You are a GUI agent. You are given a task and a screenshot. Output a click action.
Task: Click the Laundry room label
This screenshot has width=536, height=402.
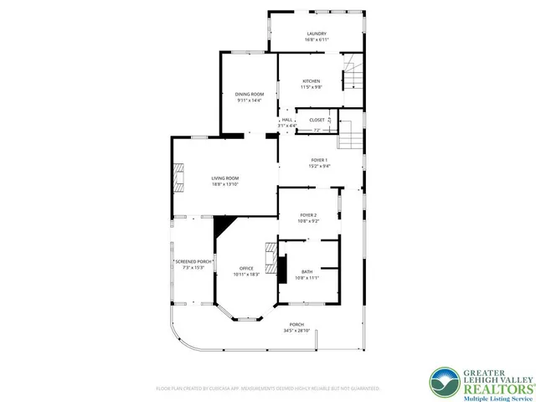(x=316, y=33)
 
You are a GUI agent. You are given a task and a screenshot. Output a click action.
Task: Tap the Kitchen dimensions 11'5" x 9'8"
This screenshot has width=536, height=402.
(x=311, y=87)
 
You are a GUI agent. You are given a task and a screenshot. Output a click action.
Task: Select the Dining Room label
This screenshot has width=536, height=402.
(x=249, y=94)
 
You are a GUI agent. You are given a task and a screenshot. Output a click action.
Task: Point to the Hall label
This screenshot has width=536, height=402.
(x=286, y=120)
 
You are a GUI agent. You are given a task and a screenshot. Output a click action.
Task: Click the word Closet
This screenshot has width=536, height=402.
(x=317, y=120)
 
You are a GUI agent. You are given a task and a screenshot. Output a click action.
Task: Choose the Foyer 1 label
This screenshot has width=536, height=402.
(x=319, y=160)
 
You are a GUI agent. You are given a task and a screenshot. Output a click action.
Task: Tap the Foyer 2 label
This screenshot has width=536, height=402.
(x=309, y=215)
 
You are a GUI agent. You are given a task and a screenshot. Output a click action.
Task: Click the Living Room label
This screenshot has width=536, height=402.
(x=224, y=178)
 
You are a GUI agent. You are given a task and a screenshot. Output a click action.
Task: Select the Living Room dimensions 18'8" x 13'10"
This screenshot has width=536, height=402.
(x=224, y=184)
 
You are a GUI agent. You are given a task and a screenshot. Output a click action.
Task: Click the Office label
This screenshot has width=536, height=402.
(x=246, y=268)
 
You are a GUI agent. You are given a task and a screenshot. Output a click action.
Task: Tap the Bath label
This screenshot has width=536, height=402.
(x=307, y=271)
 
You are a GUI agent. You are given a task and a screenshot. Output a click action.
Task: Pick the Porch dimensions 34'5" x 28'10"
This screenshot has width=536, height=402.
(x=296, y=331)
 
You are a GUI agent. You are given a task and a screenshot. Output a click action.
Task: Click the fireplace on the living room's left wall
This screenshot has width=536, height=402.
(x=178, y=178)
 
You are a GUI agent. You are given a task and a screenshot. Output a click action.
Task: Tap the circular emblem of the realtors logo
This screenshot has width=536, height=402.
(x=443, y=382)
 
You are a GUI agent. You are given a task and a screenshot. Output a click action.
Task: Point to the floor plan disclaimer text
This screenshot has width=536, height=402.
(x=267, y=389)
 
